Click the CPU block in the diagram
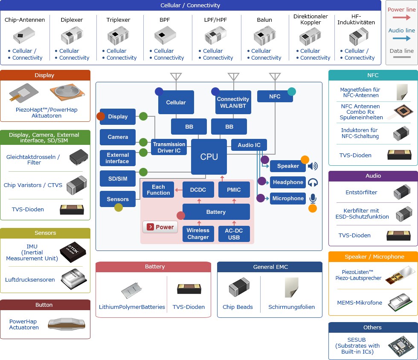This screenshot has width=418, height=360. [x=209, y=157]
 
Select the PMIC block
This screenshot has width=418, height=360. [x=234, y=190]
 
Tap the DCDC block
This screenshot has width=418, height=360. [x=198, y=190]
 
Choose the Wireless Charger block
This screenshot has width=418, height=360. [x=198, y=233]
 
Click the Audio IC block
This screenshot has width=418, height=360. [x=249, y=145]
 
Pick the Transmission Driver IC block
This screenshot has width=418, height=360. [x=169, y=147]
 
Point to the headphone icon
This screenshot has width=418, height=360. [x=313, y=182]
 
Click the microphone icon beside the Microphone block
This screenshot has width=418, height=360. [x=313, y=199]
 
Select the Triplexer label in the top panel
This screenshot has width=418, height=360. [x=119, y=20]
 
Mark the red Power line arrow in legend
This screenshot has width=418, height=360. [x=401, y=17]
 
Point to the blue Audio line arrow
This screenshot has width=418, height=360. [x=401, y=38]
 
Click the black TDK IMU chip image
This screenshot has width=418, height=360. [x=73, y=252]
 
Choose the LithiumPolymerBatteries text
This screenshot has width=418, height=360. [x=132, y=307]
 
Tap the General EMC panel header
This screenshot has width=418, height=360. [x=270, y=267]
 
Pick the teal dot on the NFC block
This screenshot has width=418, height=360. [x=292, y=91]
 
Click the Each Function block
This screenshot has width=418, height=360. [x=158, y=190]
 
